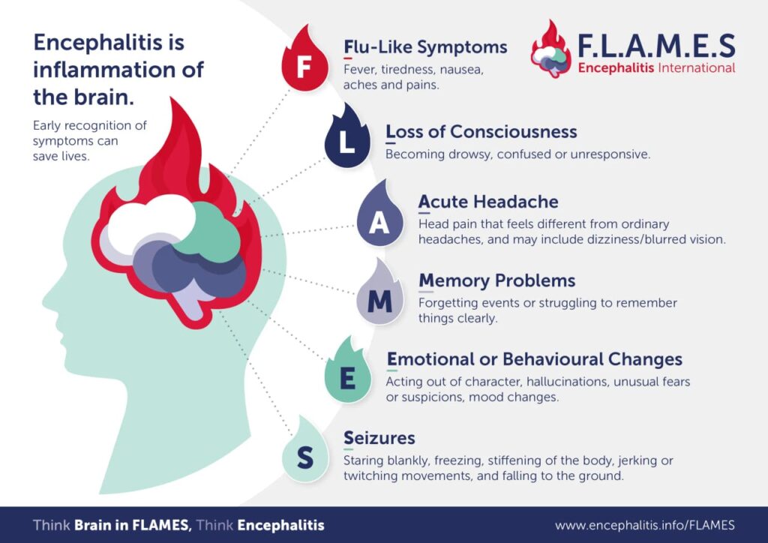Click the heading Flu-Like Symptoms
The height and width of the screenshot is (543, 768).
tap(425, 47)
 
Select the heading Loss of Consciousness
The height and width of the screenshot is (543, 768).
tap(481, 132)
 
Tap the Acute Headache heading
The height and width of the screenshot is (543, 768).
tap(488, 202)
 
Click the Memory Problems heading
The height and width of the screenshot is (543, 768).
tap(496, 280)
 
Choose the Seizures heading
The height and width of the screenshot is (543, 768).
tap(379, 437)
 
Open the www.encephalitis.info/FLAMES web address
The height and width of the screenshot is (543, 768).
tap(644, 525)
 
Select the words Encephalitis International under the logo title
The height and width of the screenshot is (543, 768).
tap(655, 68)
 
